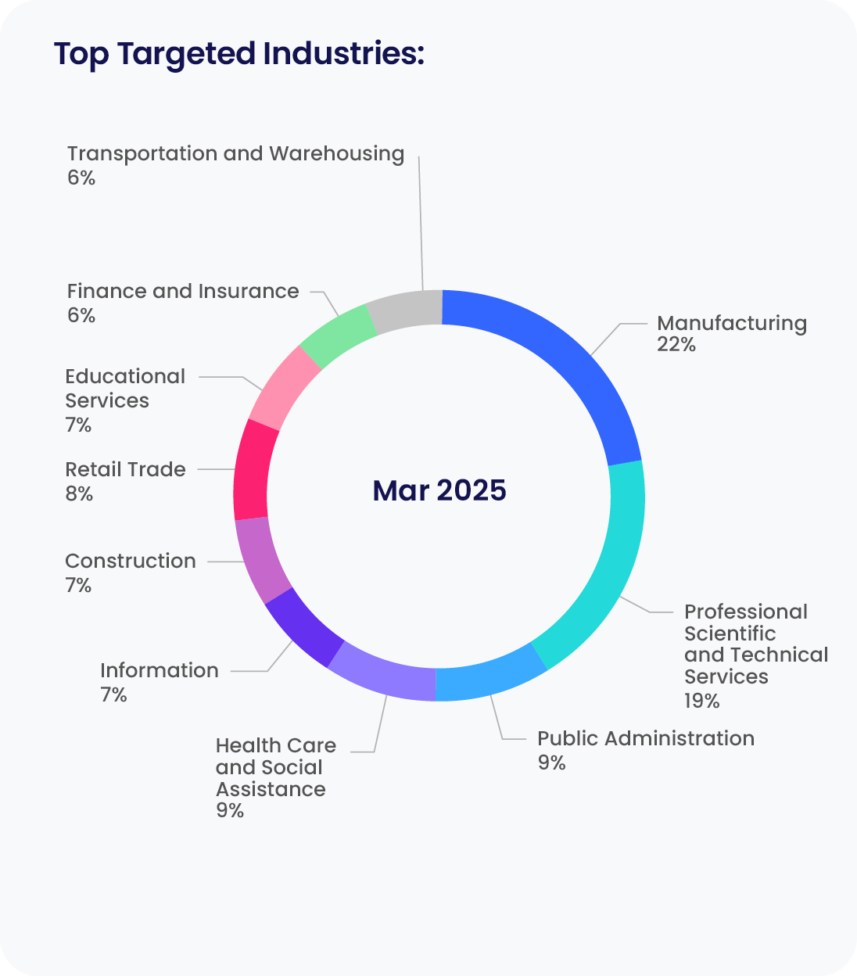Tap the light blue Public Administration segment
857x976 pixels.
point(489,677)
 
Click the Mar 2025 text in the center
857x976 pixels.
point(439,490)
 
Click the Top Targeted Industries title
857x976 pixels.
point(238,54)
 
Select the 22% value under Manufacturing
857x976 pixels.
point(676,345)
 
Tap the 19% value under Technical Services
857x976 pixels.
point(701,701)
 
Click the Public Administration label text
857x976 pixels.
point(646,738)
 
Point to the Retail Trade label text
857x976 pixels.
point(126,469)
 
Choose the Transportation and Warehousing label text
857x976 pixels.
point(235,153)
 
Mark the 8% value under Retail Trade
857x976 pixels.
point(79,493)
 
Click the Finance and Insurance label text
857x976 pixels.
point(183,291)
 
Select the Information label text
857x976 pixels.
point(160,670)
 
